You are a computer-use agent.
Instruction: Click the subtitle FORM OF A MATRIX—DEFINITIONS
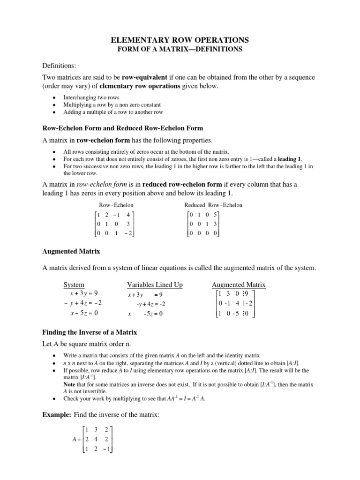coord(180,50)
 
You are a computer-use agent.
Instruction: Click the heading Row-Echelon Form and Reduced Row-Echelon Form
coord(123,127)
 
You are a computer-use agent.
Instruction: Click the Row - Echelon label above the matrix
coord(116,205)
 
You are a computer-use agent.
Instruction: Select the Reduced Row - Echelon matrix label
coord(213,205)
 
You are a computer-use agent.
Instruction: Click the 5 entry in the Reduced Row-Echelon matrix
coord(215,215)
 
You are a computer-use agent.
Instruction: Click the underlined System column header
coord(74,285)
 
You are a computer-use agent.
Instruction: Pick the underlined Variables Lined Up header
coord(155,285)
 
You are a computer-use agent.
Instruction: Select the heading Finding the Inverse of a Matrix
coord(90,332)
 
